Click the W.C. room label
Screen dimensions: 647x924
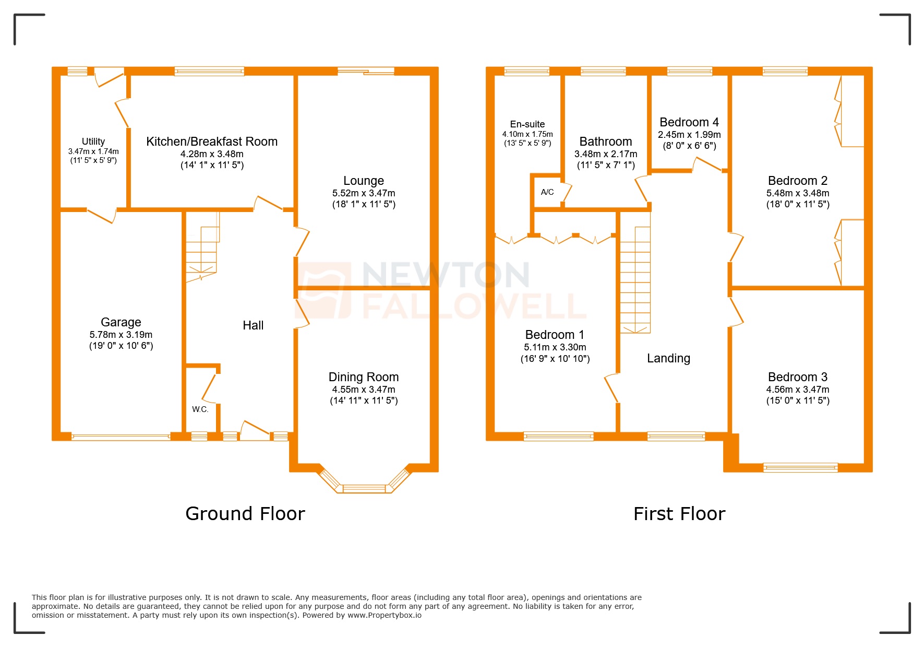[200, 409]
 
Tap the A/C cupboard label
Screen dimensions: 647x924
[547, 192]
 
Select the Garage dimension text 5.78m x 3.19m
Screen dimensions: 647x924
[121, 335]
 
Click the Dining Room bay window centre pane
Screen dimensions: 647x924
[364, 489]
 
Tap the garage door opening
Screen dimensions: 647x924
[121, 437]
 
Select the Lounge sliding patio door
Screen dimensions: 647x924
[366, 71]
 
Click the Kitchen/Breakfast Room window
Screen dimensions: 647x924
[209, 71]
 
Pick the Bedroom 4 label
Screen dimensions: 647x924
[689, 122]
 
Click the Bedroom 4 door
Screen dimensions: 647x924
[706, 164]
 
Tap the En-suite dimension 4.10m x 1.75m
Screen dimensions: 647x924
[527, 134]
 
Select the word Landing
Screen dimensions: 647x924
[668, 358]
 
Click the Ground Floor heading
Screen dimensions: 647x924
[245, 514]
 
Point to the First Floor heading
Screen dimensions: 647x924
[679, 514]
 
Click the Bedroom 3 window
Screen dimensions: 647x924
[800, 467]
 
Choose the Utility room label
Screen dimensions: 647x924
[93, 142]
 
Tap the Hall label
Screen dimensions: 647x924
[253, 325]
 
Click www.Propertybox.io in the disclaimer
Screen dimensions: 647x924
[385, 615]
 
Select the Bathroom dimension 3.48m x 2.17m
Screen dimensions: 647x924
[606, 154]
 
